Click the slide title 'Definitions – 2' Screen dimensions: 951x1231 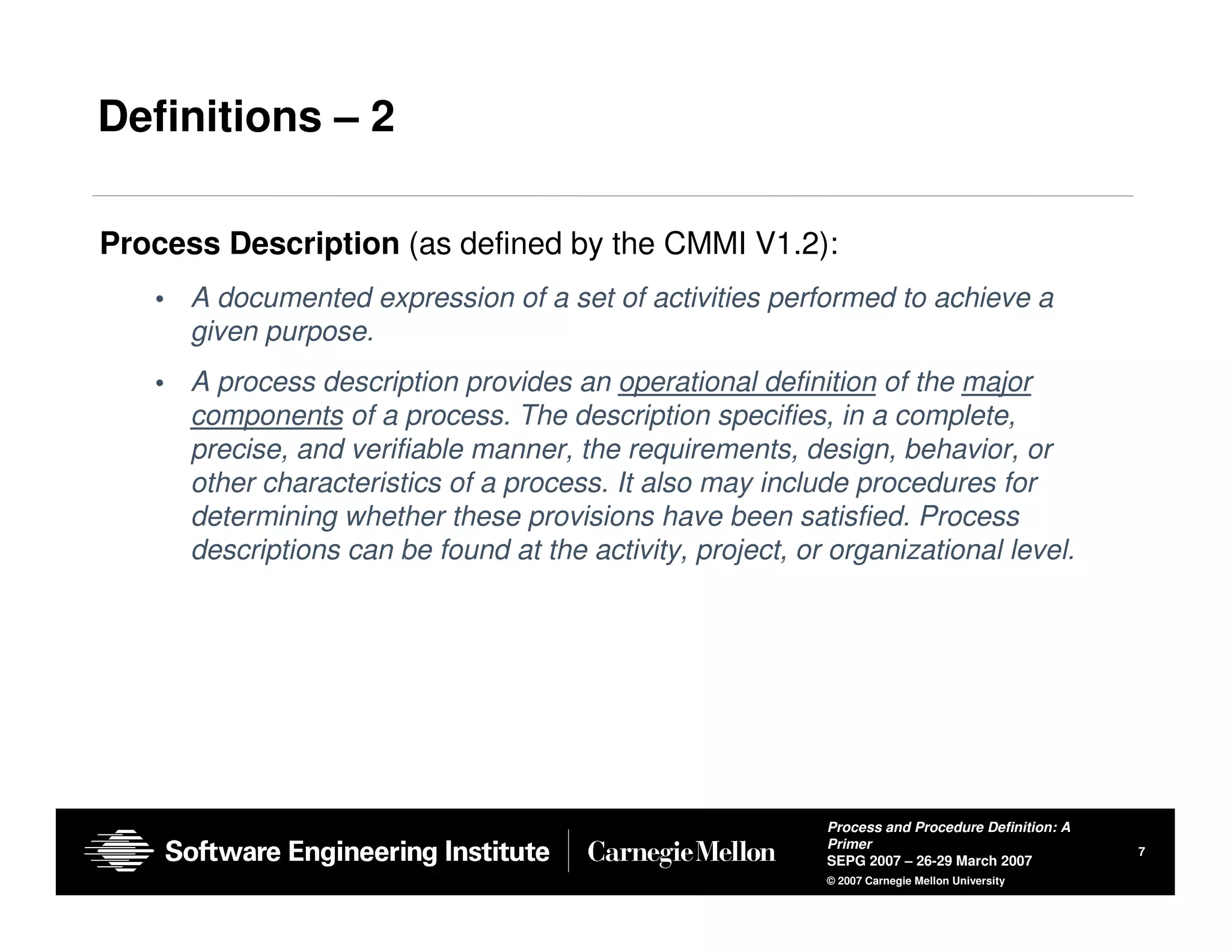pos(246,117)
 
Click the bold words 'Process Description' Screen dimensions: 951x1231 pos(249,244)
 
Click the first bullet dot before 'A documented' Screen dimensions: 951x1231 pos(159,299)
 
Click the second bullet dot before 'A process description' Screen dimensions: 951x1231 pos(159,384)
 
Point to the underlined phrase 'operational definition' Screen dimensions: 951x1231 pos(747,382)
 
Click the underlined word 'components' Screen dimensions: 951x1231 pos(267,416)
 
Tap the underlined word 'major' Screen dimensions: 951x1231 pos(997,382)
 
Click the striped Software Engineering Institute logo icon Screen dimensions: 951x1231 pos(118,851)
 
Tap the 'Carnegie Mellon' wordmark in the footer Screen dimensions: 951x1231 pos(681,852)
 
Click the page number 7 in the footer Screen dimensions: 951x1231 pos(1141,851)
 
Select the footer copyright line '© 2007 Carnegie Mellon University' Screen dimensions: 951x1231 pos(915,881)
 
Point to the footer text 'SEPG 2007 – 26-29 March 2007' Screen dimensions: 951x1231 pos(929,861)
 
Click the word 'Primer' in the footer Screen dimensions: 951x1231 pos(849,844)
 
